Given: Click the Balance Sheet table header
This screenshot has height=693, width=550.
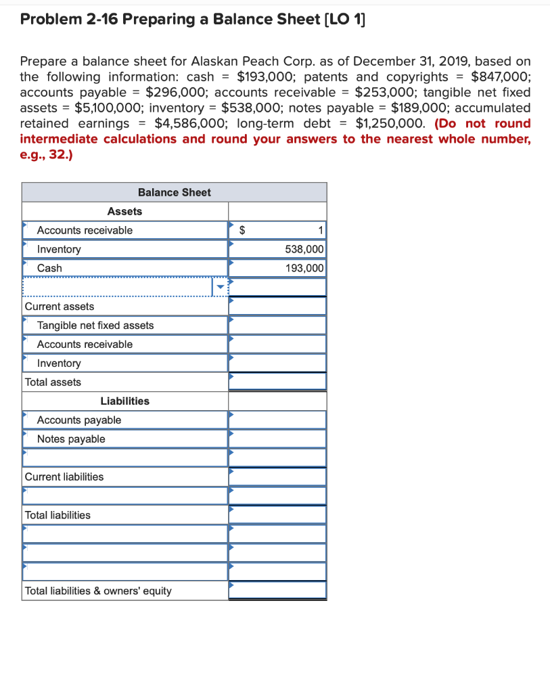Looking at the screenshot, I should click(174, 192).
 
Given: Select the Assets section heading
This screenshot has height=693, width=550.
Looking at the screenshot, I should click(124, 211).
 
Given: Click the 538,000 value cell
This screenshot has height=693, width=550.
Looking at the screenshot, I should click(304, 249).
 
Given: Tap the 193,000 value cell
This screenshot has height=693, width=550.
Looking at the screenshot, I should click(304, 268).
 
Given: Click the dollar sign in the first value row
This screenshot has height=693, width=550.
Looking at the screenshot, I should click(244, 230).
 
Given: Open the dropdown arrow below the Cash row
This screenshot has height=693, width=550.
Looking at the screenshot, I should click(219, 287).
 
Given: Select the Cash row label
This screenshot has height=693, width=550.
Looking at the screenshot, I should click(49, 268).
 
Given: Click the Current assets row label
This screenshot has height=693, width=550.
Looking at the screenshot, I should click(59, 307).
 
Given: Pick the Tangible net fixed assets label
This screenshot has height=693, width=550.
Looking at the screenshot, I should click(95, 326).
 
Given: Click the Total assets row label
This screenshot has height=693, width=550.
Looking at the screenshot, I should click(53, 382).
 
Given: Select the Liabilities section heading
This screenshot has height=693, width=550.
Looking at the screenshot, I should click(124, 401).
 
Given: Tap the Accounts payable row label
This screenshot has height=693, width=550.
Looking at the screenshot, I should click(79, 420).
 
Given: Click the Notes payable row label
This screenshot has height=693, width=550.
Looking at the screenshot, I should click(71, 439).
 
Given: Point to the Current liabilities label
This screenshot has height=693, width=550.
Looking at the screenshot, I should click(64, 477).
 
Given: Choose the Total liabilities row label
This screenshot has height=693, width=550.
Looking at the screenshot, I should click(58, 515).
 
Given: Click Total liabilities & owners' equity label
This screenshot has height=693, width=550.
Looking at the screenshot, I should click(98, 591).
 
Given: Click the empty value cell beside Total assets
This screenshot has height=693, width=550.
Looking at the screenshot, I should click(277, 382).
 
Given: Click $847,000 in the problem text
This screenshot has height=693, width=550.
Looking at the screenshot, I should click(500, 77).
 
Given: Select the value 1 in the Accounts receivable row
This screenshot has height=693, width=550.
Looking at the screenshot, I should click(321, 230).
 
